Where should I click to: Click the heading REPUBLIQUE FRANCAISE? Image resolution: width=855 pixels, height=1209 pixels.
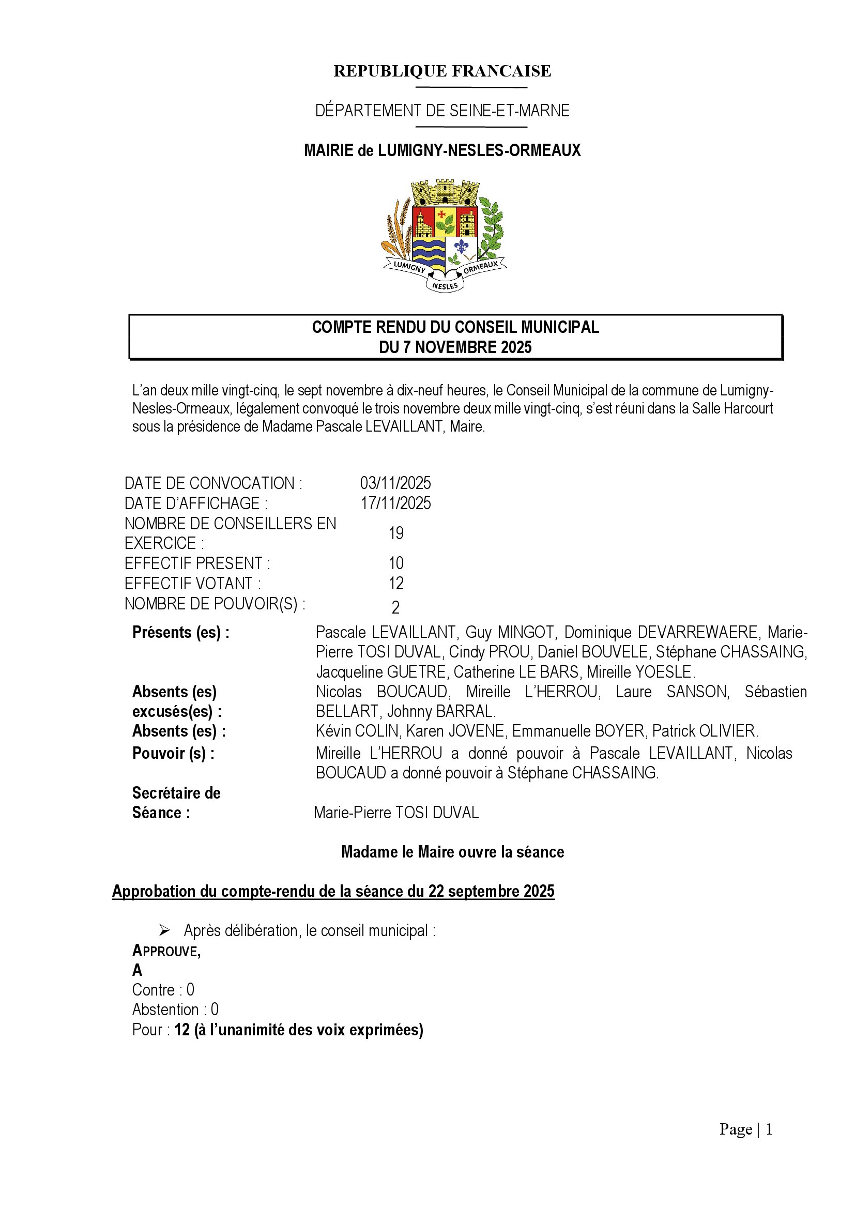(442, 71)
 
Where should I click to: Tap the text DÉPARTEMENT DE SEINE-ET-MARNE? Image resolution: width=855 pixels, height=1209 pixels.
(442, 111)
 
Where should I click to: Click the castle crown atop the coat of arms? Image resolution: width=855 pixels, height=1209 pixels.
(445, 192)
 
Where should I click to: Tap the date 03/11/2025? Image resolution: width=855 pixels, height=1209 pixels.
(395, 483)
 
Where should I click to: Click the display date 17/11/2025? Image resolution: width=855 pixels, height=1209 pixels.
(395, 503)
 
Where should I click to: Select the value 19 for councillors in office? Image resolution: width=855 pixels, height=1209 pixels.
(396, 533)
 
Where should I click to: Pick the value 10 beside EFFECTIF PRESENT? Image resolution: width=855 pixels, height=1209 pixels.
(396, 563)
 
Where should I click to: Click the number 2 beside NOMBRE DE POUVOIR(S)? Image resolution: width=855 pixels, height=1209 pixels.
(396, 608)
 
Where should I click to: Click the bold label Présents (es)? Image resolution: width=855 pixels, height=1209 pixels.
(180, 632)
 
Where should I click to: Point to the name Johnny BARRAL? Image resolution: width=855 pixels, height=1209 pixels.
(441, 711)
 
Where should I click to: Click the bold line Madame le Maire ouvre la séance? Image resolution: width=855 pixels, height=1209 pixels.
(453, 852)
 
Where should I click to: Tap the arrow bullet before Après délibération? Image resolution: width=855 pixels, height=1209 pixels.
(164, 931)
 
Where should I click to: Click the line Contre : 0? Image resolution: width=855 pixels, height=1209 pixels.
(163, 990)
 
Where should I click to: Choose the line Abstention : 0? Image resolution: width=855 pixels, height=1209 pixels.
(175, 1009)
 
